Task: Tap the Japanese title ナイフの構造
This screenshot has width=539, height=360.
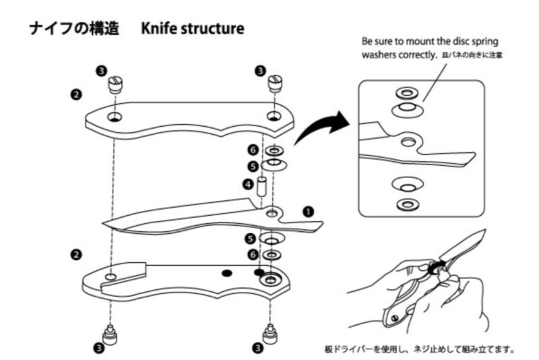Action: [x=74, y=30]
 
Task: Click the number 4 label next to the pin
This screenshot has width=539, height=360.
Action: [x=247, y=183]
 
